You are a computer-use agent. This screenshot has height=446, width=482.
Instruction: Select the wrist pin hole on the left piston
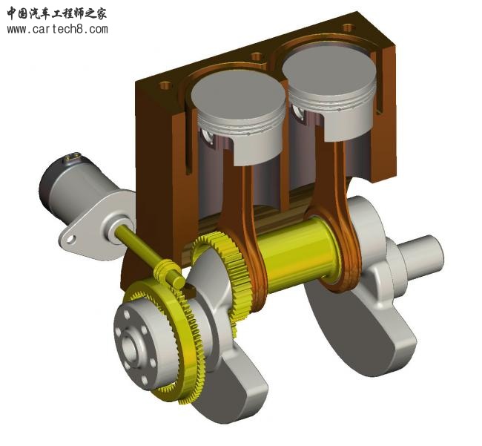pyautogui.click(x=208, y=135)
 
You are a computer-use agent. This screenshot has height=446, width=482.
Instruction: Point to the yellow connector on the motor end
pyautogui.click(x=71, y=157)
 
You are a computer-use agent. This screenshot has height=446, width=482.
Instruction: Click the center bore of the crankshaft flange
pyautogui.click(x=138, y=347)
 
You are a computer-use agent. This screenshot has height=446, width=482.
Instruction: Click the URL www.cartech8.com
pyautogui.click(x=57, y=30)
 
